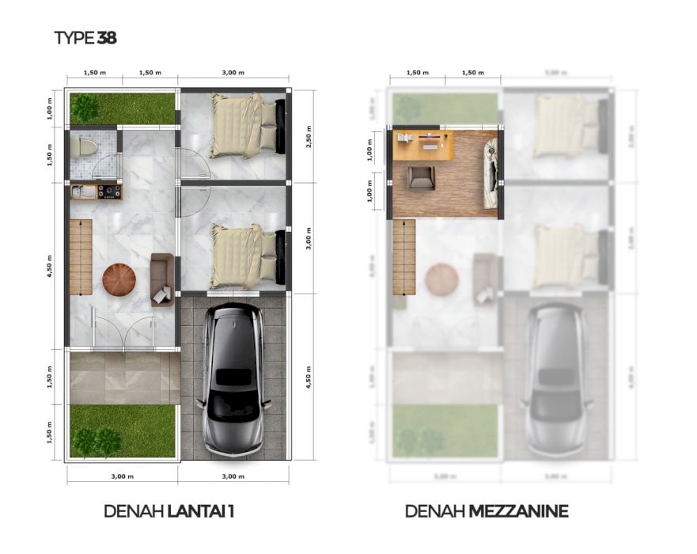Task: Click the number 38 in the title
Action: pos(107,37)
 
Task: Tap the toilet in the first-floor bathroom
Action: pos(86,147)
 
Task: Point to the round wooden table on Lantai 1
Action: pos(119,279)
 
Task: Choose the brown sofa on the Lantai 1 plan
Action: pos(161,279)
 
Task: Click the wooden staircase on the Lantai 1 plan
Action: pos(81,258)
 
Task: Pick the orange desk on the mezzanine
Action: pos(423,146)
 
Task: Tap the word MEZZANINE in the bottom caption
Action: pos(518,511)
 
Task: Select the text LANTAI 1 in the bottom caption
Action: pos(201,511)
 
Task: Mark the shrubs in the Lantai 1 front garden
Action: pos(96,441)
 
